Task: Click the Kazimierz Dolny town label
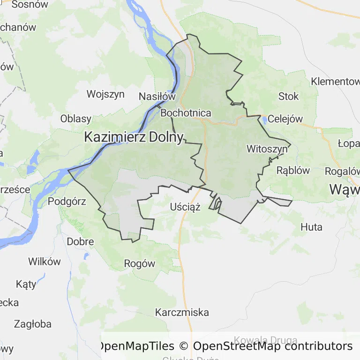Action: click(134, 137)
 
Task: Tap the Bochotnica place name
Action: click(186, 113)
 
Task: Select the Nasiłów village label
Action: click(157, 97)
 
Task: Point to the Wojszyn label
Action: click(105, 94)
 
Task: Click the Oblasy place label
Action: click(76, 118)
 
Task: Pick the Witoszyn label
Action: click(267, 149)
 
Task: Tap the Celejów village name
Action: click(285, 119)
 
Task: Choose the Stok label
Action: click(288, 96)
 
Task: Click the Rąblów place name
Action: click(293, 170)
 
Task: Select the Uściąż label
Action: click(186, 207)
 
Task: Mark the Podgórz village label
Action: click(67, 202)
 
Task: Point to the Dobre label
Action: click(81, 242)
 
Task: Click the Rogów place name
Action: click(140, 263)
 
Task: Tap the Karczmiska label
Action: click(182, 312)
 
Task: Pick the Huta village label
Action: click(312, 227)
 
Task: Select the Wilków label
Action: click(45, 262)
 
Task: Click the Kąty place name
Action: click(26, 284)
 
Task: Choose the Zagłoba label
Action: click(32, 323)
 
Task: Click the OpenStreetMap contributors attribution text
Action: click(273, 346)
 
